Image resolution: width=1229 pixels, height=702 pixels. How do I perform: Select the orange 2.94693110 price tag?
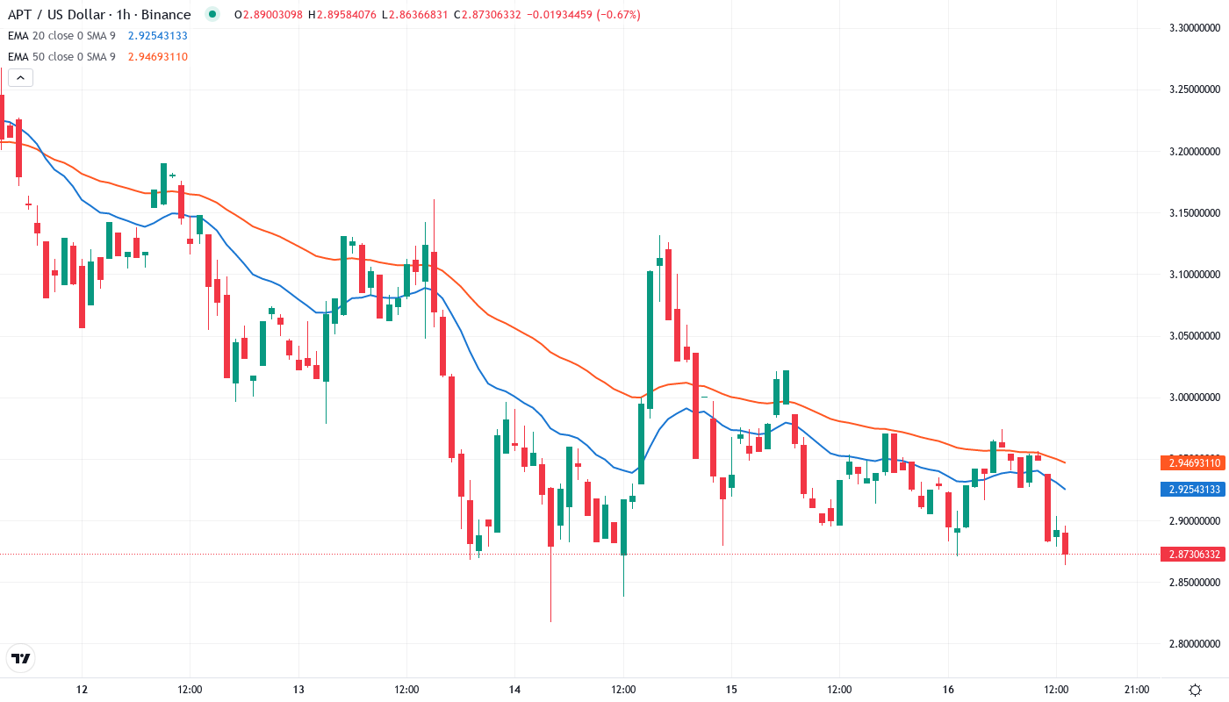[x=1194, y=462]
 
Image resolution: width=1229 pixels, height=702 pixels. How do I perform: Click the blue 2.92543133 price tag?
[x=1194, y=489]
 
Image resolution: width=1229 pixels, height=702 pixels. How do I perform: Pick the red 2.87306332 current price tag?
[x=1194, y=555]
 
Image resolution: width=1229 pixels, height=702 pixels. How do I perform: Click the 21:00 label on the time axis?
[x=1137, y=689]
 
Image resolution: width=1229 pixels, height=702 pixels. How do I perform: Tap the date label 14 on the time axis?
[x=515, y=689]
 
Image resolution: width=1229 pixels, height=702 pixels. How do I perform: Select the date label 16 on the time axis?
[x=948, y=689]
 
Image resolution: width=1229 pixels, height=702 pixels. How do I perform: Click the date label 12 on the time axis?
[x=83, y=689]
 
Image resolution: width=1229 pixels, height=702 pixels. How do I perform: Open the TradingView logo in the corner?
[x=20, y=658]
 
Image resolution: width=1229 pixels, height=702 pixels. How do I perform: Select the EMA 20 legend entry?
[x=61, y=36]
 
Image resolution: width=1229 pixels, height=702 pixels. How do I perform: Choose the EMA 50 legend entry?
[x=61, y=57]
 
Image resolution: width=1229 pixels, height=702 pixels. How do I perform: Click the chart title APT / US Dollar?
[x=56, y=15]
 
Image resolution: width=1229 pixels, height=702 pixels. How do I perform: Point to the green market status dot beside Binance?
[x=212, y=15]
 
